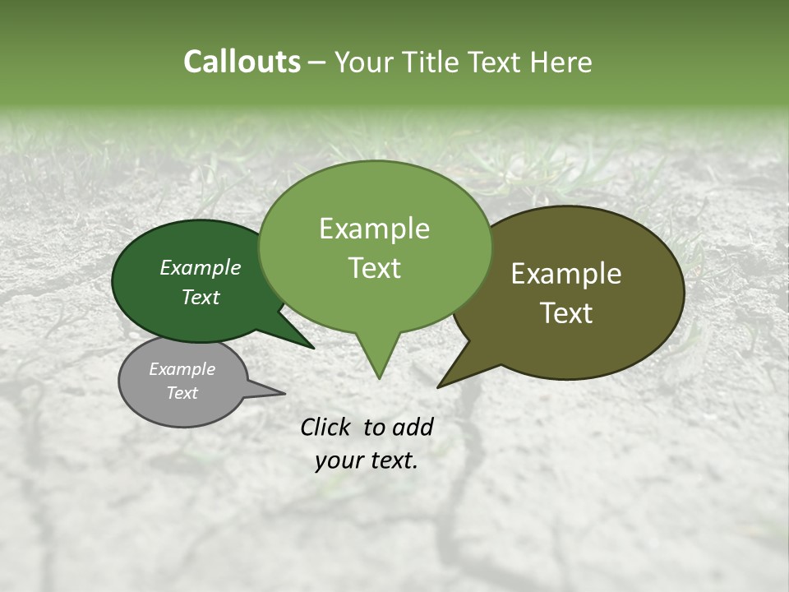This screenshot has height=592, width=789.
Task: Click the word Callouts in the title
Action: point(242,62)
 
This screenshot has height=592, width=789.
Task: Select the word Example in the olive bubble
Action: point(566,274)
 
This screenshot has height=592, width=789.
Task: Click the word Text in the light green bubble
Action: point(375,267)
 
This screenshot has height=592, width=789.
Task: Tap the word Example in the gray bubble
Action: point(182,369)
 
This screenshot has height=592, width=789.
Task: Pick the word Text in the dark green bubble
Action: point(201,297)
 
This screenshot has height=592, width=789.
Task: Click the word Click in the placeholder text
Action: point(326,427)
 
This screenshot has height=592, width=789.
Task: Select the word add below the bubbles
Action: point(412,427)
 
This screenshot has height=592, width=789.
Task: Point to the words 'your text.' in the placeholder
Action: point(367,460)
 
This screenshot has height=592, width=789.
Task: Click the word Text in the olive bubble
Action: point(566,313)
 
